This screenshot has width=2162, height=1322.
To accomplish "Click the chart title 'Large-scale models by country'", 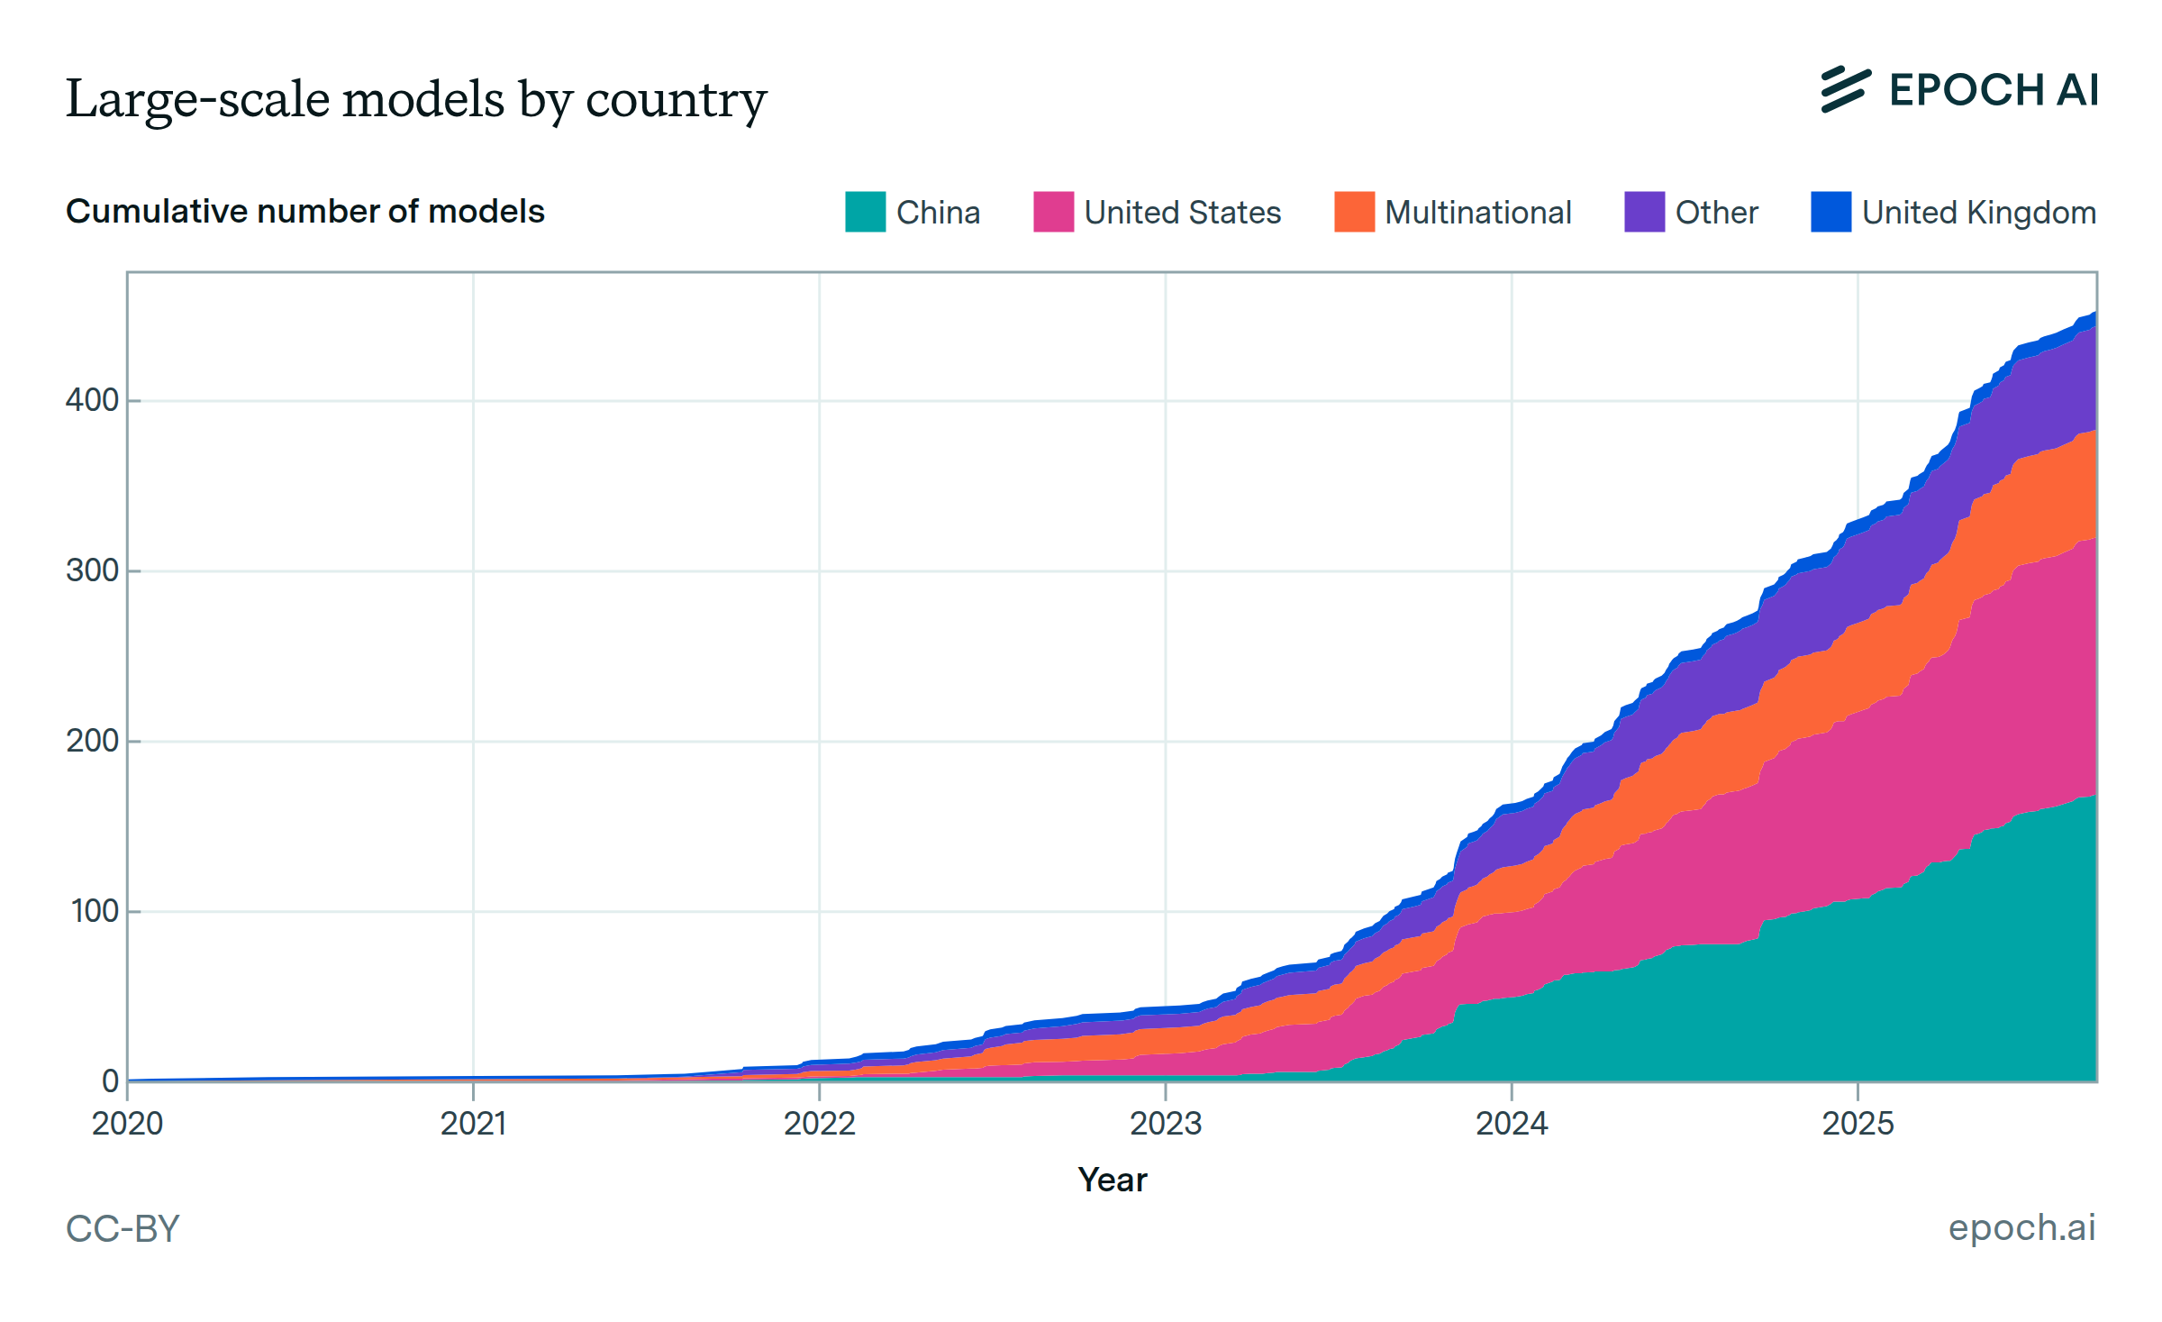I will (x=416, y=99).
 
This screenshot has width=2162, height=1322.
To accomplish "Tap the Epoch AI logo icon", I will (x=1845, y=89).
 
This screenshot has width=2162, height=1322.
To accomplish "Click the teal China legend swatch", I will (x=865, y=212).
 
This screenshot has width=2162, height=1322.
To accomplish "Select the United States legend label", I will (x=1182, y=213).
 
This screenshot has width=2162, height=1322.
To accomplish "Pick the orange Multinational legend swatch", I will (x=1354, y=212).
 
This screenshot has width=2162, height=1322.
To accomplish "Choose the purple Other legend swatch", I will (x=1644, y=212).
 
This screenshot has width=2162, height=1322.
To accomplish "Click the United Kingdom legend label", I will (x=1978, y=213).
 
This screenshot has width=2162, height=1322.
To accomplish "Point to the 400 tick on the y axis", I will (x=92, y=400).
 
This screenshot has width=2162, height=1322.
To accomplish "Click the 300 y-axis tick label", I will (x=92, y=570).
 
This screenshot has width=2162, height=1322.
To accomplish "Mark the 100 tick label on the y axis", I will (x=94, y=911).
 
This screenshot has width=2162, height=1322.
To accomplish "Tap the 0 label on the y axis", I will (x=110, y=1080).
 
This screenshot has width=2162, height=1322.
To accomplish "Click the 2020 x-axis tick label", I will (x=127, y=1124).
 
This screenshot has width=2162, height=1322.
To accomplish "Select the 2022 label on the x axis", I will (x=819, y=1124).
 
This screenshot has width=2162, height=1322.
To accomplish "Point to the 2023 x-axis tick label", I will (x=1165, y=1124).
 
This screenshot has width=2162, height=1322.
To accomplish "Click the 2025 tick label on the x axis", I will (x=1858, y=1124).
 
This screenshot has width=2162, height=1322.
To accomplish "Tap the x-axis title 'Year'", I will (x=1113, y=1180).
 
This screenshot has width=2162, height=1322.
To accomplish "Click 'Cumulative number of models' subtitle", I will (x=304, y=211).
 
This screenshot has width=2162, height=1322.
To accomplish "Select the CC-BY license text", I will (x=123, y=1228).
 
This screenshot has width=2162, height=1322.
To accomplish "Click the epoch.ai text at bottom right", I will (x=2021, y=1227).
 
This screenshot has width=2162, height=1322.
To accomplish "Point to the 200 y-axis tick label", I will (x=92, y=741).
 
